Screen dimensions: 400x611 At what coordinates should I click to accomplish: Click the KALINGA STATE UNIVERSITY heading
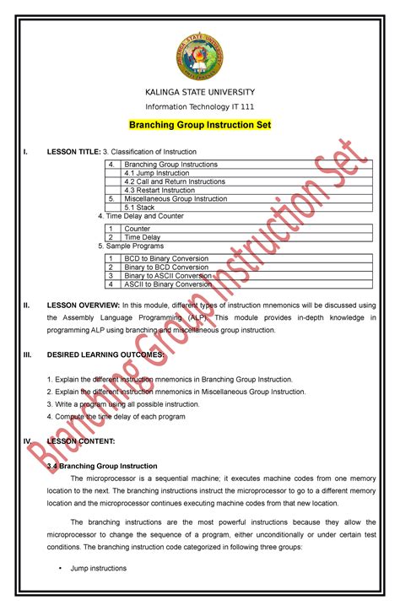tap(199, 91)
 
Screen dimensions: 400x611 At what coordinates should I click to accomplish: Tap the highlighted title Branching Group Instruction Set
tap(199, 125)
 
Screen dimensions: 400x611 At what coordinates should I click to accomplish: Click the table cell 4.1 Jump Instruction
tap(156, 173)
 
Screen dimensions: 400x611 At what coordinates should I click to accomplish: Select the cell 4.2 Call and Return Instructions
tap(174, 181)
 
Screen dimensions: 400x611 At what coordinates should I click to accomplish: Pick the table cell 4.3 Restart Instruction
tap(159, 190)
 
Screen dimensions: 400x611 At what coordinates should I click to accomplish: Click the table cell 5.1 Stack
tap(140, 208)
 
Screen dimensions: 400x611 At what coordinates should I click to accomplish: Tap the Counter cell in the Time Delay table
tap(137, 229)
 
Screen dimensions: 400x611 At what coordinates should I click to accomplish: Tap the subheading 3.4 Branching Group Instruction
tap(102, 466)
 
